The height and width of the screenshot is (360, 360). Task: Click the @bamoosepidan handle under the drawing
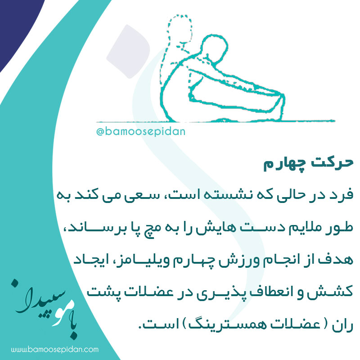pos(141,132)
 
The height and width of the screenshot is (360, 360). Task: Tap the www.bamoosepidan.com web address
pos(55,350)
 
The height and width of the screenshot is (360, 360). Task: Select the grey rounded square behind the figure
pos(128,51)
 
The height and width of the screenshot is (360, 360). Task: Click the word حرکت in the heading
pos(332,162)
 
